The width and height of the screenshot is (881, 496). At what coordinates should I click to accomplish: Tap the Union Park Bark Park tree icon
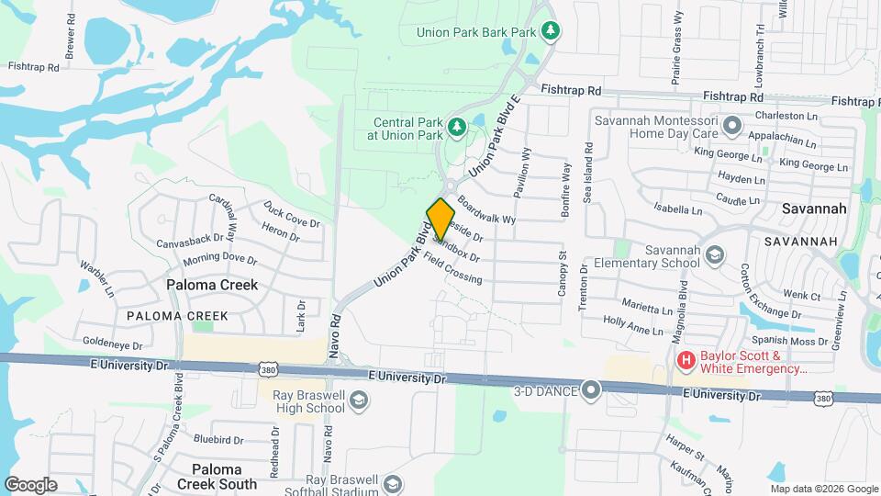[550, 31]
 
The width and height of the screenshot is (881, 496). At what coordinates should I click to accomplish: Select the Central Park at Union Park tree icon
[456, 125]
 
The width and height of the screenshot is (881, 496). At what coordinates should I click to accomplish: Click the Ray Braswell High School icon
[359, 400]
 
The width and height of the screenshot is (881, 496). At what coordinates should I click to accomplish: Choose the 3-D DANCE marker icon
[591, 391]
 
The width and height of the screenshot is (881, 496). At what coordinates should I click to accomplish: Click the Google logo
[30, 485]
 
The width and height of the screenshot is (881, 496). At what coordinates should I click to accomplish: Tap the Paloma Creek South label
[217, 477]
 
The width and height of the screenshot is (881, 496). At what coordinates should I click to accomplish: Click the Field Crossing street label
[452, 267]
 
